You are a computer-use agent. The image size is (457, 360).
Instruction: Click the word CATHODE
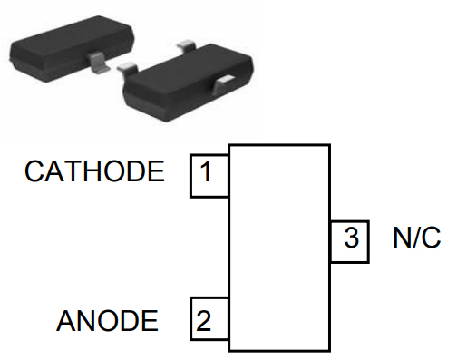[95, 171]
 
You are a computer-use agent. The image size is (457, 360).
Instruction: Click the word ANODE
[107, 321]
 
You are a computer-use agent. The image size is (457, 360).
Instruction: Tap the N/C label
[416, 239]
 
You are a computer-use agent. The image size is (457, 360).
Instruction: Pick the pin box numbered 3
[349, 240]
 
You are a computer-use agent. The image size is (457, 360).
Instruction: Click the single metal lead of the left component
[97, 63]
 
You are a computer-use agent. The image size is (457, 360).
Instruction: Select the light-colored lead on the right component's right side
[223, 83]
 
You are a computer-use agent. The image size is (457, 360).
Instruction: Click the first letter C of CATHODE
[34, 171]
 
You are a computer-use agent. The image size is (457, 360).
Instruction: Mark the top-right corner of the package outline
[329, 145]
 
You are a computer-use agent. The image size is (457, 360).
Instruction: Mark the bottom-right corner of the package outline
[329, 350]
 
